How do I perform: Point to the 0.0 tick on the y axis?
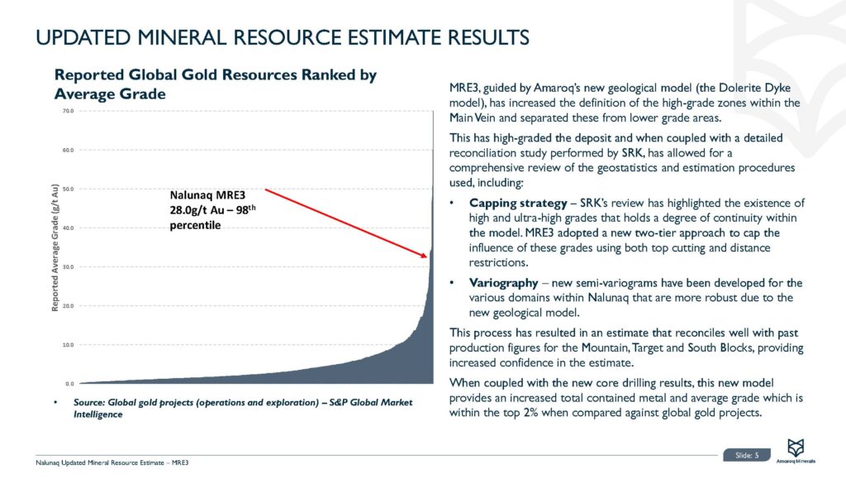pos(70,384)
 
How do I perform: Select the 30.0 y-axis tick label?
pos(69,267)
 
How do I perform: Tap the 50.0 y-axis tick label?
pos(69,189)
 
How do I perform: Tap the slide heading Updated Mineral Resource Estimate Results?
pos(282,37)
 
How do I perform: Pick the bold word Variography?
pos(501,283)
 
